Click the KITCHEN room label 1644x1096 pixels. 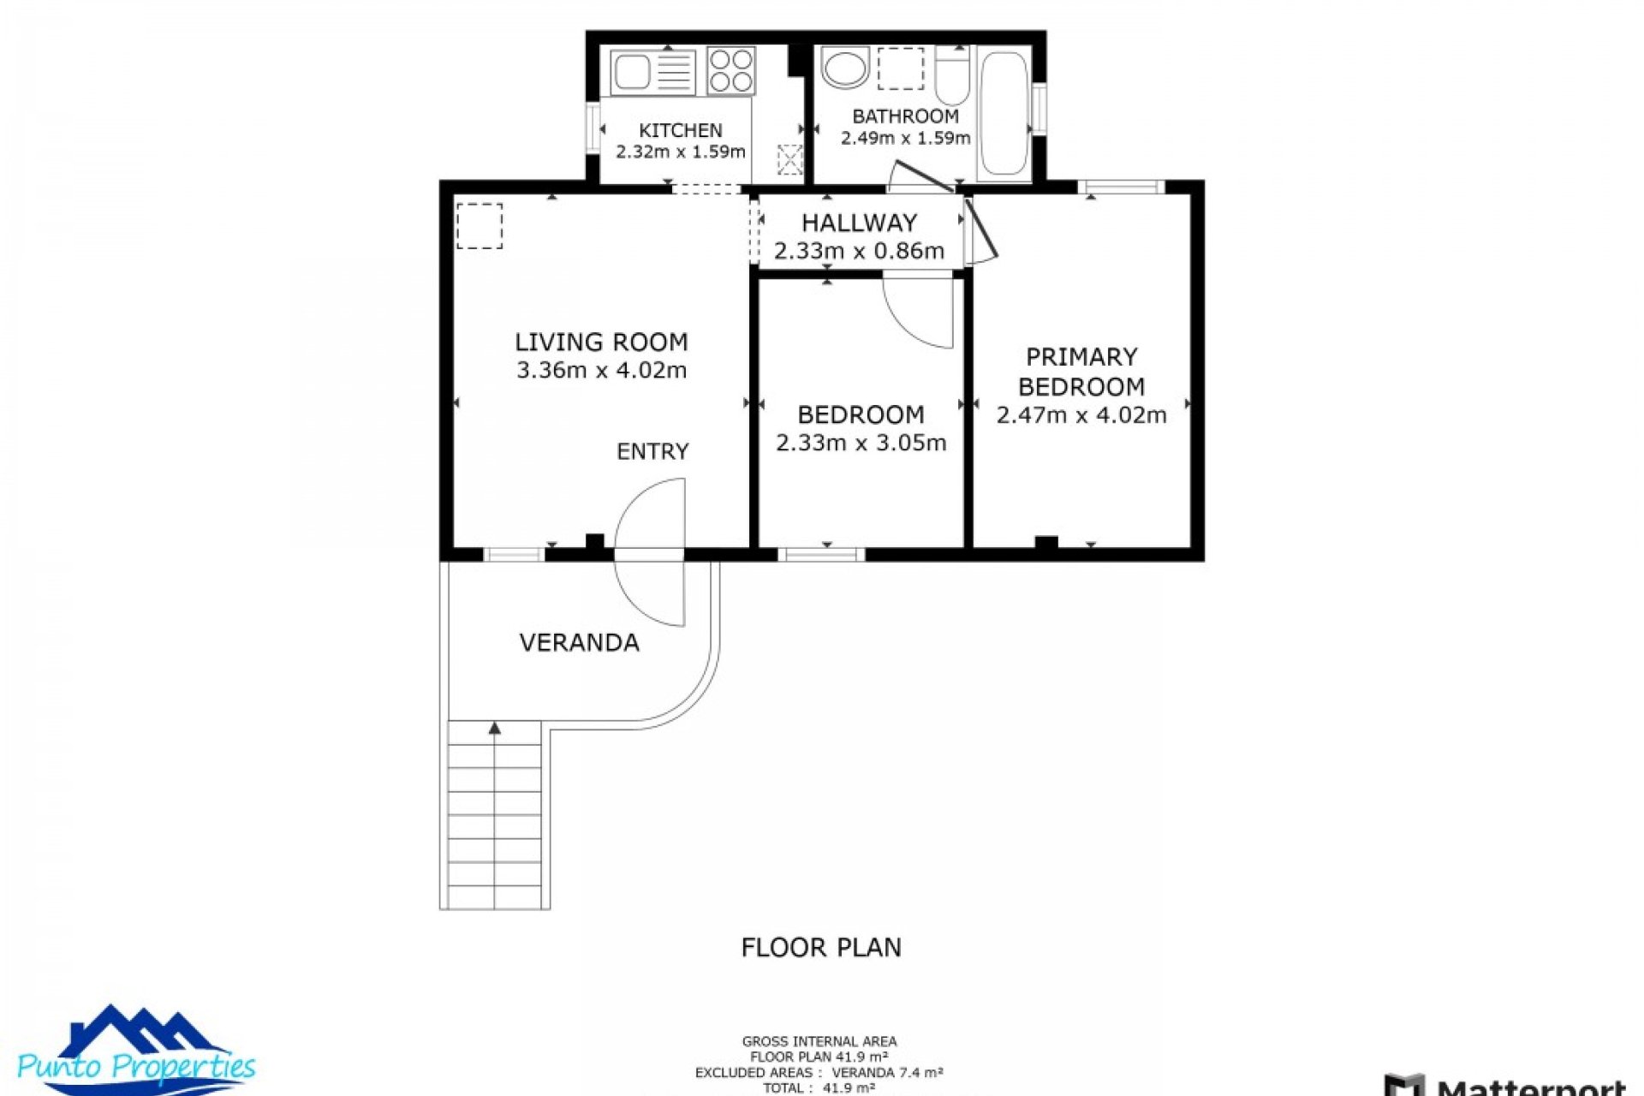pos(680,130)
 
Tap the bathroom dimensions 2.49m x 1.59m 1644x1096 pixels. pos(905,138)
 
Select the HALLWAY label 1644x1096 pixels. pos(859,223)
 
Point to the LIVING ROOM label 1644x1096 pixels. pos(601,342)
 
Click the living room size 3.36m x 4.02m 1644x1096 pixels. pos(601,370)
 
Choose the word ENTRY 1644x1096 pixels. pos(652,451)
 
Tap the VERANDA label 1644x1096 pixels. pos(579,642)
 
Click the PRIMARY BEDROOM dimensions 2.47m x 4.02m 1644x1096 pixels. pos(1081,415)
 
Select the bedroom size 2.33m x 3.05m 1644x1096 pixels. pos(861,443)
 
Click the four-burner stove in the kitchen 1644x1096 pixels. pos(731,70)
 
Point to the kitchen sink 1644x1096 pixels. pos(632,72)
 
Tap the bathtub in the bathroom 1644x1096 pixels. pos(1004,113)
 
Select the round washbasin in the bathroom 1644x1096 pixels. pos(845,68)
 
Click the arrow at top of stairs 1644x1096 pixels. pos(495,729)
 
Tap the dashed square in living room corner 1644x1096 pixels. pos(479,226)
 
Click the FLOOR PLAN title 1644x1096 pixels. pos(820,947)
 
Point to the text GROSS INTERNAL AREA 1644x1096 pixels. pos(819,1041)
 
